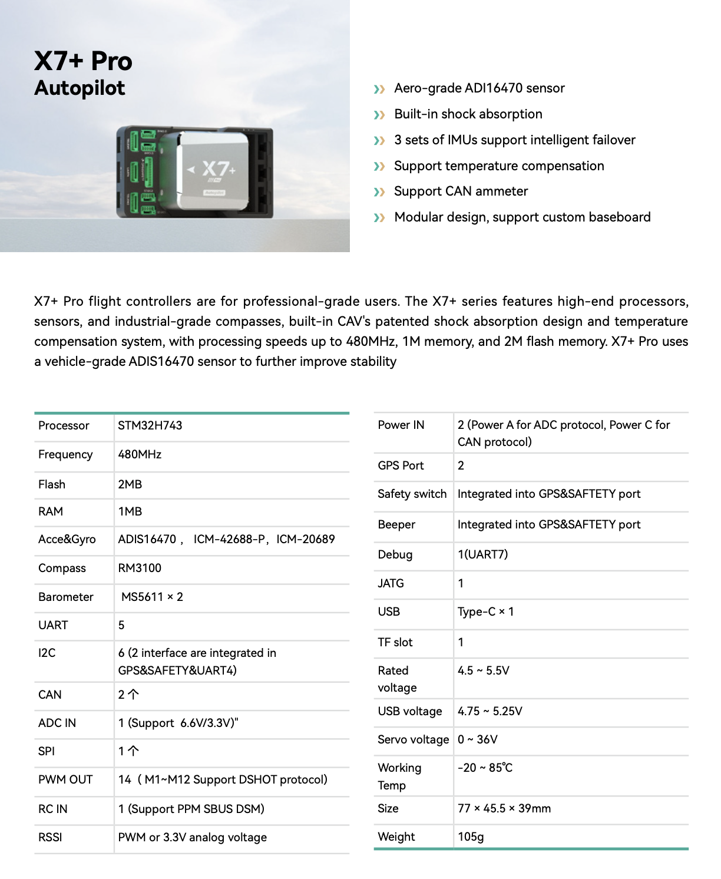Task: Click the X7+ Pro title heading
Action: tap(83, 61)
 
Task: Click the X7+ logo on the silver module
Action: tap(219, 170)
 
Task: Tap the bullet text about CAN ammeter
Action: tap(461, 191)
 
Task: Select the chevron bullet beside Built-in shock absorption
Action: tap(379, 115)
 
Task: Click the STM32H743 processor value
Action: tap(150, 425)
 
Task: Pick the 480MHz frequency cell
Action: tap(140, 454)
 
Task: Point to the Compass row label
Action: tap(62, 568)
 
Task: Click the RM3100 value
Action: tap(140, 568)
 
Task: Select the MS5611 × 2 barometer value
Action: tap(152, 597)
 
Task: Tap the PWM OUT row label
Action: tap(65, 779)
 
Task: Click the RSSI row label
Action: tap(50, 837)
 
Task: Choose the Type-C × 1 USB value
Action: tap(485, 612)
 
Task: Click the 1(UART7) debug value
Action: tap(482, 554)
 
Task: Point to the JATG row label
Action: tap(391, 583)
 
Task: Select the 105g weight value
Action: tap(471, 837)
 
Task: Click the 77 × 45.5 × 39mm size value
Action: tap(504, 808)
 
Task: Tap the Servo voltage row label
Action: tap(413, 739)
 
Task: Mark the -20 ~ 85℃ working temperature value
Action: tap(485, 768)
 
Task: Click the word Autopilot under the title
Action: tap(80, 88)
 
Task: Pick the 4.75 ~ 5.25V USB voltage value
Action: tap(490, 711)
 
